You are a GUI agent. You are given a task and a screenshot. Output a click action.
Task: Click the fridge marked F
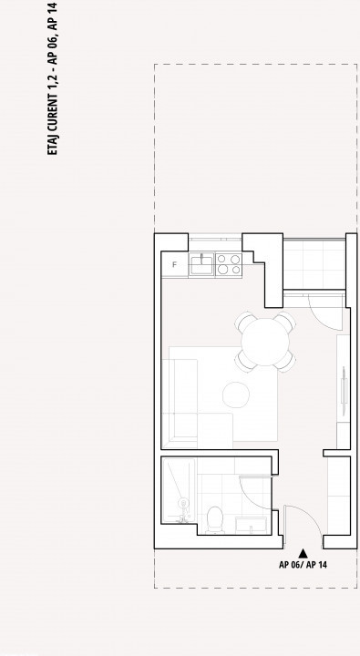pyautogui.click(x=175, y=264)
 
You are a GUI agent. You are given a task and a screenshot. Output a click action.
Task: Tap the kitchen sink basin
pyautogui.click(x=201, y=264)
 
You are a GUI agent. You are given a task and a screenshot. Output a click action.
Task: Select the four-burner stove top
pyautogui.click(x=229, y=264)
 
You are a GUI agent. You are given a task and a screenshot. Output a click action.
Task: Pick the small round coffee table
pyautogui.click(x=236, y=395)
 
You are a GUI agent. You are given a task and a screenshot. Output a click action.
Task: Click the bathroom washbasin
pyautogui.click(x=252, y=526)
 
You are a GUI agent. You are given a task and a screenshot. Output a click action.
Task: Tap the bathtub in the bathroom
pyautogui.click(x=179, y=490)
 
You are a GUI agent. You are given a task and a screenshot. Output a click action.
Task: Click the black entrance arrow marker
pyautogui.click(x=303, y=554)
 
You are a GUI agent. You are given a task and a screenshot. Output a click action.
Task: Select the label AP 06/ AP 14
pyautogui.click(x=303, y=565)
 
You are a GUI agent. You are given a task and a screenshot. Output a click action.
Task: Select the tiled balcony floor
pyautogui.click(x=314, y=264)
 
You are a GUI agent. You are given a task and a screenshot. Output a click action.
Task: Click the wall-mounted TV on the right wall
pyautogui.click(x=344, y=391)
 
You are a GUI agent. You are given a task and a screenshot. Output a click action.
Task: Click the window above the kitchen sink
pyautogui.click(x=215, y=240)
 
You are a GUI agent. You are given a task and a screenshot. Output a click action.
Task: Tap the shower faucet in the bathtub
pyautogui.click(x=183, y=510)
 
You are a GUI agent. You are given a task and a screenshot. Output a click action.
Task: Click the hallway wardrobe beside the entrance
pyautogui.click(x=339, y=496)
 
